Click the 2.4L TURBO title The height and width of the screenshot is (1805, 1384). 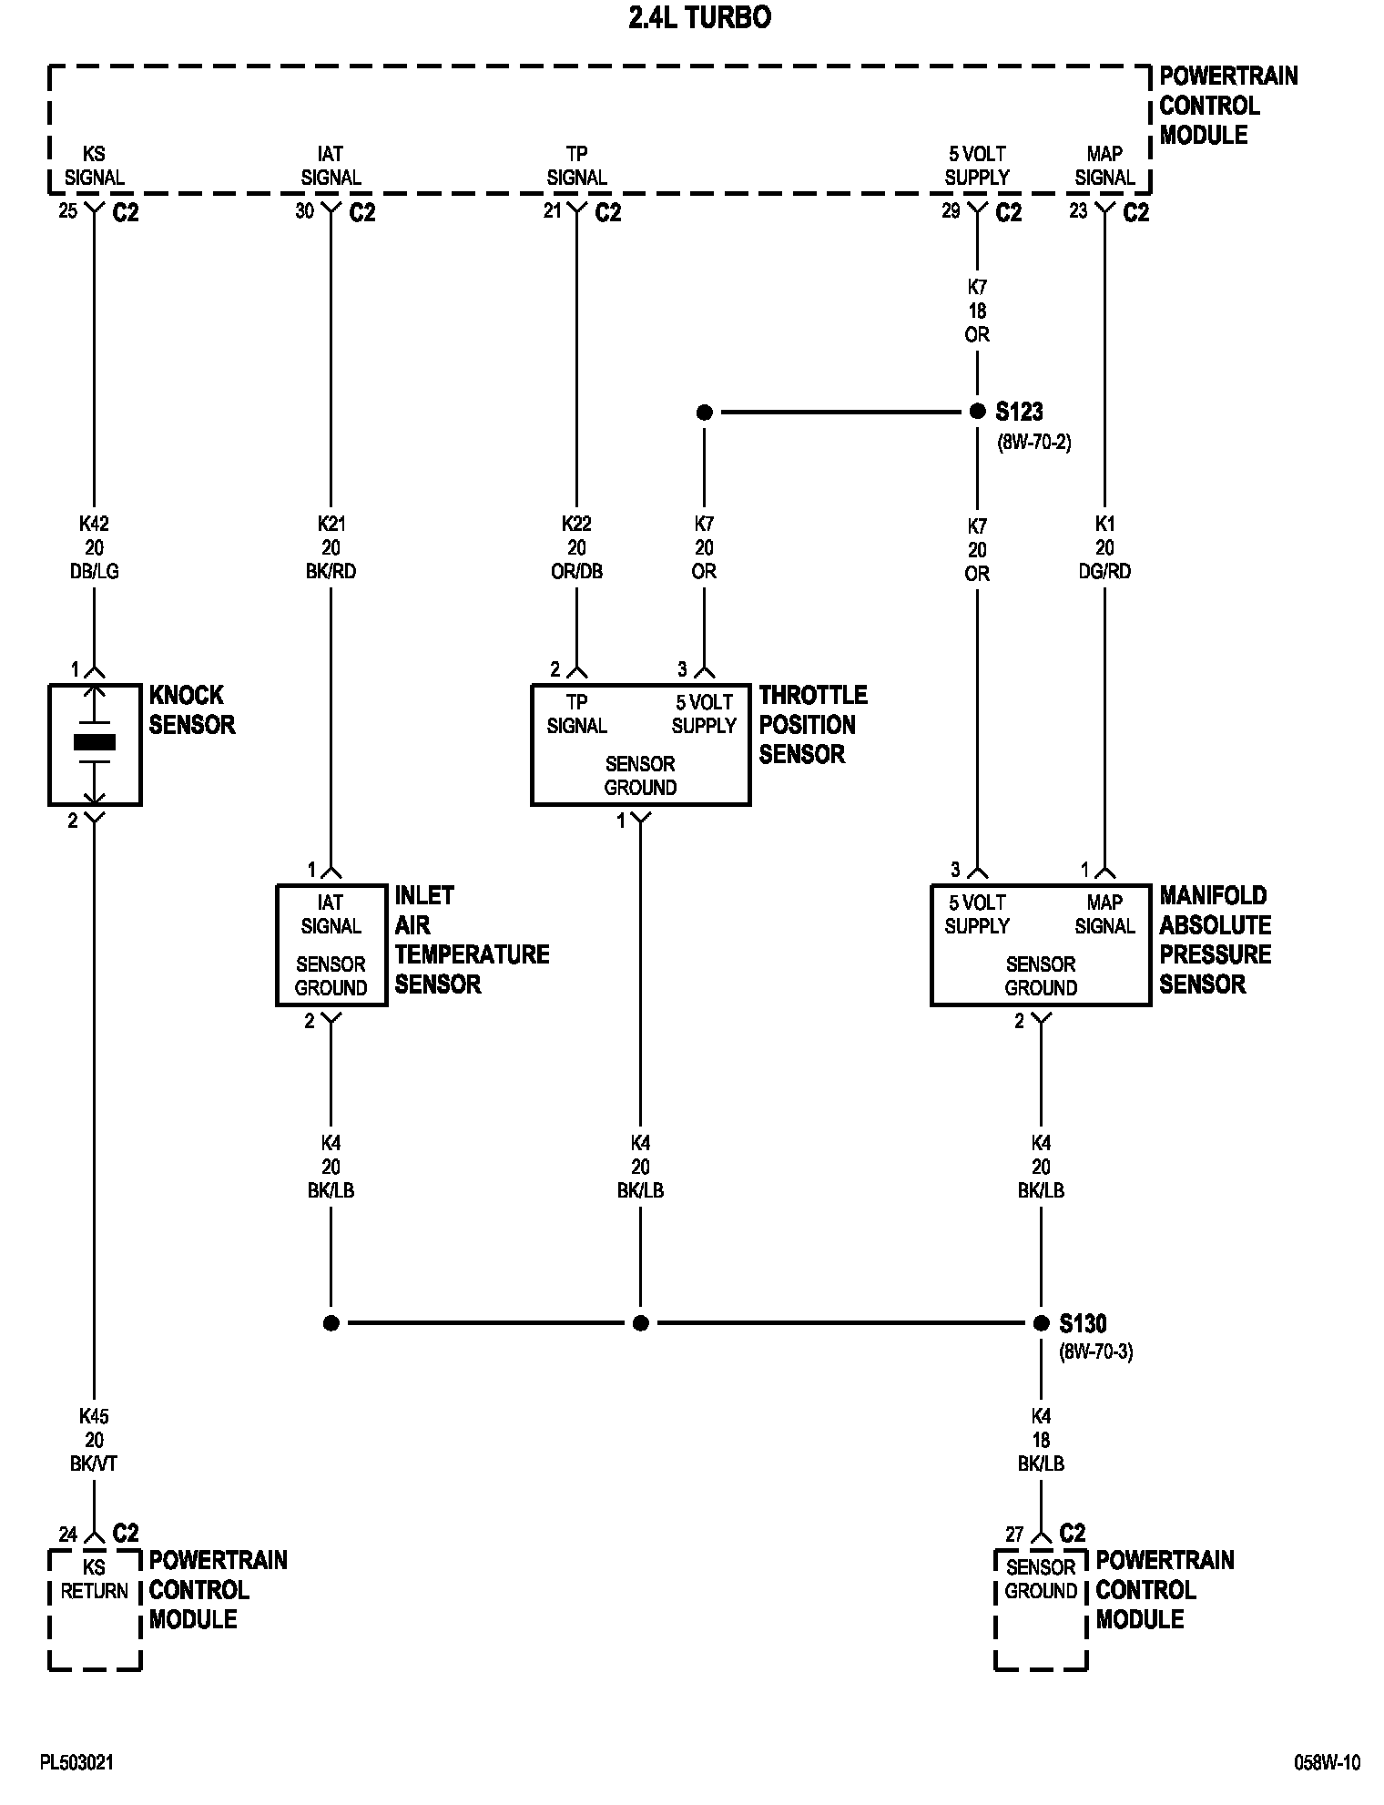[x=699, y=18]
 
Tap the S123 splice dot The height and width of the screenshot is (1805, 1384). [x=977, y=412]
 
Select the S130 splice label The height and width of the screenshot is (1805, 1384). [x=1083, y=1322]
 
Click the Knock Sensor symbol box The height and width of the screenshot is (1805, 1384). [x=95, y=744]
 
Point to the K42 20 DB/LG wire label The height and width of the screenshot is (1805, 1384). [x=94, y=548]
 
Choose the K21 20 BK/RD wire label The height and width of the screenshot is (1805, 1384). [x=331, y=548]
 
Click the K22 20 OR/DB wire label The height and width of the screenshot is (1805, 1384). [x=576, y=548]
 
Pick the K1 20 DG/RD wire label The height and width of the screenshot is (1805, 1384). [x=1104, y=548]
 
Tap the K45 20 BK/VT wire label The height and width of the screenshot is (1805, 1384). [x=94, y=1441]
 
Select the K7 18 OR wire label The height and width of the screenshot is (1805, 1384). [x=977, y=311]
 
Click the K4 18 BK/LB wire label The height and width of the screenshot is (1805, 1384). [x=1041, y=1441]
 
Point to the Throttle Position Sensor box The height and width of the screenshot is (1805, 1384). [x=640, y=744]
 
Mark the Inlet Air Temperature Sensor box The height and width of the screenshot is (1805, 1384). [x=331, y=944]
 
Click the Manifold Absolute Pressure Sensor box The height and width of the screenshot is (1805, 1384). [x=1040, y=944]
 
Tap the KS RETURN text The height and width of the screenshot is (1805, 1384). [x=94, y=1579]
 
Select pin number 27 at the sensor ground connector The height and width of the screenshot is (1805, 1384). [x=1014, y=1535]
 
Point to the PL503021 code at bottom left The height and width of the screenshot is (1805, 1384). [x=76, y=1763]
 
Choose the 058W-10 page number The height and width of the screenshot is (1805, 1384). [x=1327, y=1763]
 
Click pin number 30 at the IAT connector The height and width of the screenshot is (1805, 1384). [x=304, y=211]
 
